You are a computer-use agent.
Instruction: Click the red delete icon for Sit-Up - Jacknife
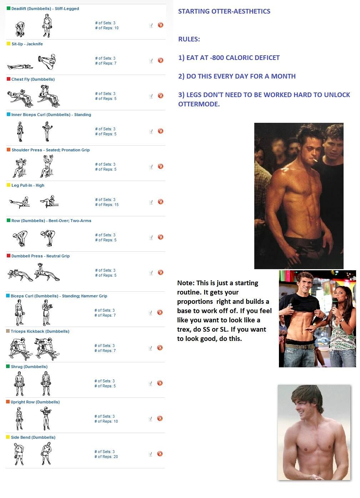(x=160, y=60)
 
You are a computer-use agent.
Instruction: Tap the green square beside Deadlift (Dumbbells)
(x=9, y=8)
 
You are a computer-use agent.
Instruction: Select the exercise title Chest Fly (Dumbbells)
(x=33, y=79)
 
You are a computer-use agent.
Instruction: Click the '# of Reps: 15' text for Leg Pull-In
(x=107, y=205)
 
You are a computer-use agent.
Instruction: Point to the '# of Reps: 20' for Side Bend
(x=106, y=457)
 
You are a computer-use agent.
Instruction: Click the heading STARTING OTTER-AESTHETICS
(x=224, y=11)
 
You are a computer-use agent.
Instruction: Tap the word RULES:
(x=189, y=39)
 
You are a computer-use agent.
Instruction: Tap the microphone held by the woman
(x=335, y=303)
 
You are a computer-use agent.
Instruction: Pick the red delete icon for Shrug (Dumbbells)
(x=160, y=383)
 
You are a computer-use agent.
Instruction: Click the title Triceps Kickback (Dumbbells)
(x=40, y=332)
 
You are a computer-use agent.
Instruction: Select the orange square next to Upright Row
(x=8, y=402)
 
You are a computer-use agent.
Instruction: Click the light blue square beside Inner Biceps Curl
(x=9, y=114)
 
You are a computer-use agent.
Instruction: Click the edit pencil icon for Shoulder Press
(x=151, y=167)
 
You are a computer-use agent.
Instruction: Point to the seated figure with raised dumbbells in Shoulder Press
(x=47, y=166)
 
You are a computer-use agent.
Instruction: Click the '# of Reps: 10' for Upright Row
(x=106, y=421)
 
